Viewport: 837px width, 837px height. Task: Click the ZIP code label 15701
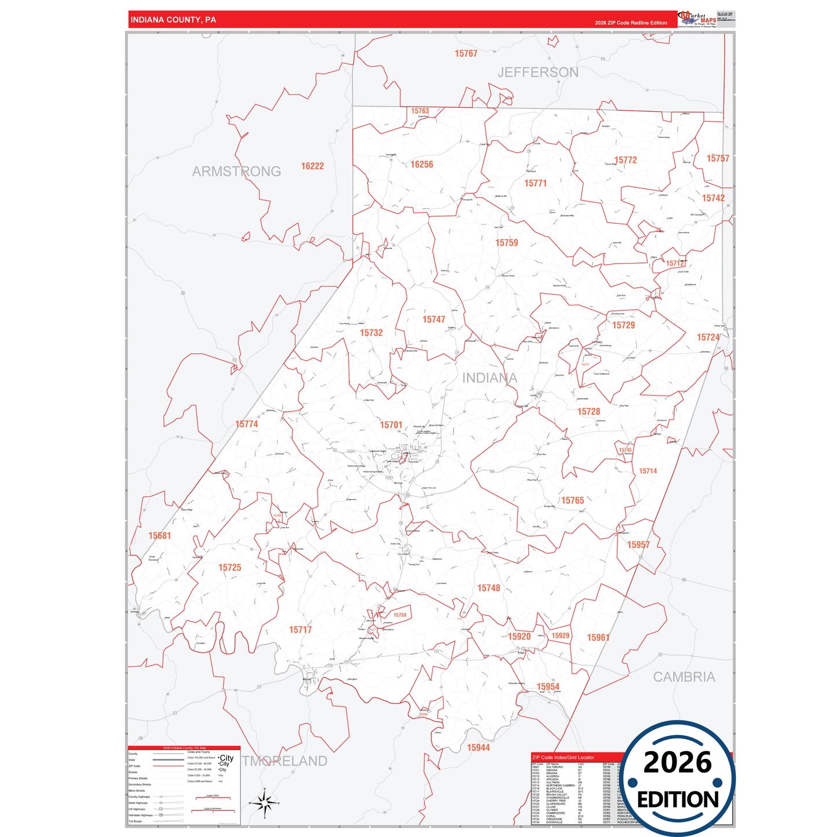coord(391,425)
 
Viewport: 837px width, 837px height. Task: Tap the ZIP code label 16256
coord(422,165)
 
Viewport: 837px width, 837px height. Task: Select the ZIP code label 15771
coord(535,183)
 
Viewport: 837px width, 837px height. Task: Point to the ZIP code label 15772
coord(626,160)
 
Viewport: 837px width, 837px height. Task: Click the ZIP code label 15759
coord(506,243)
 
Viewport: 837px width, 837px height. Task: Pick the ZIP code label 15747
coord(434,320)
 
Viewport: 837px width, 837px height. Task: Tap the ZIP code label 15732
coord(371,333)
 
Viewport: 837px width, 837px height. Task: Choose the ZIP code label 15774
coord(247,424)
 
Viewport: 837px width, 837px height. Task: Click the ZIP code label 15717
coord(301,630)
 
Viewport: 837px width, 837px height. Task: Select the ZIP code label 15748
coord(488,588)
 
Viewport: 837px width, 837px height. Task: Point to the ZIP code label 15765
coord(572,500)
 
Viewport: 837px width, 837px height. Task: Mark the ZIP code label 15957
coord(638,544)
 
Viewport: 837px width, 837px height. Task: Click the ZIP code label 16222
coord(312,166)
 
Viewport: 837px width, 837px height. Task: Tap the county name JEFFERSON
coord(538,72)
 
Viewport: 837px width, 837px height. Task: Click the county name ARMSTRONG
coord(236,171)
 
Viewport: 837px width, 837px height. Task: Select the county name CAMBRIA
coord(684,677)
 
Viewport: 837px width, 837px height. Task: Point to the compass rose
coord(264,803)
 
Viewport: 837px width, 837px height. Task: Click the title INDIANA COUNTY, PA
coord(173,20)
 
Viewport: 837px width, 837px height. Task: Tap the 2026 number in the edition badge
coord(677,762)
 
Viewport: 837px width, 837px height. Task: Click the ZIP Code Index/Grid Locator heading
coord(562,757)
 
